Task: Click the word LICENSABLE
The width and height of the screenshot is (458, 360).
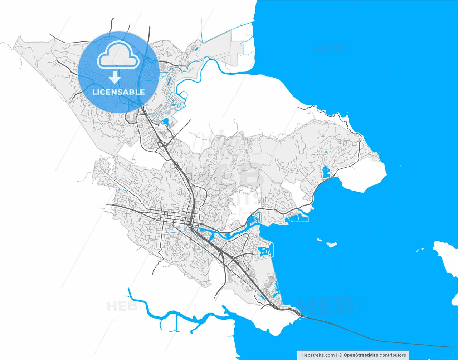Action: coord(118,92)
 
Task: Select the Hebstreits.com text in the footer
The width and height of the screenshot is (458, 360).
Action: coord(318,355)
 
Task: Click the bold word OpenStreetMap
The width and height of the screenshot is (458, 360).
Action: coord(361,355)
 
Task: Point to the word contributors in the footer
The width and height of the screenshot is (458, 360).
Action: coord(393,355)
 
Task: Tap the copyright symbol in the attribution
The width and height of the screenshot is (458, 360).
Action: coord(341,355)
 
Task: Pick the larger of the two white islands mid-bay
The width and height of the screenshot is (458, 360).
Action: coord(331,245)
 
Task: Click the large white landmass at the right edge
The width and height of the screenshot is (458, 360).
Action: coord(447,256)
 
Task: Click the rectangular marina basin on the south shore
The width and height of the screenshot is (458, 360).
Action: coord(299,217)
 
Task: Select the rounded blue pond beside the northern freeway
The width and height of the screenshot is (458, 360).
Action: coord(165,122)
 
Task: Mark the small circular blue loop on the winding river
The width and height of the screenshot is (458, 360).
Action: coord(183,95)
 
